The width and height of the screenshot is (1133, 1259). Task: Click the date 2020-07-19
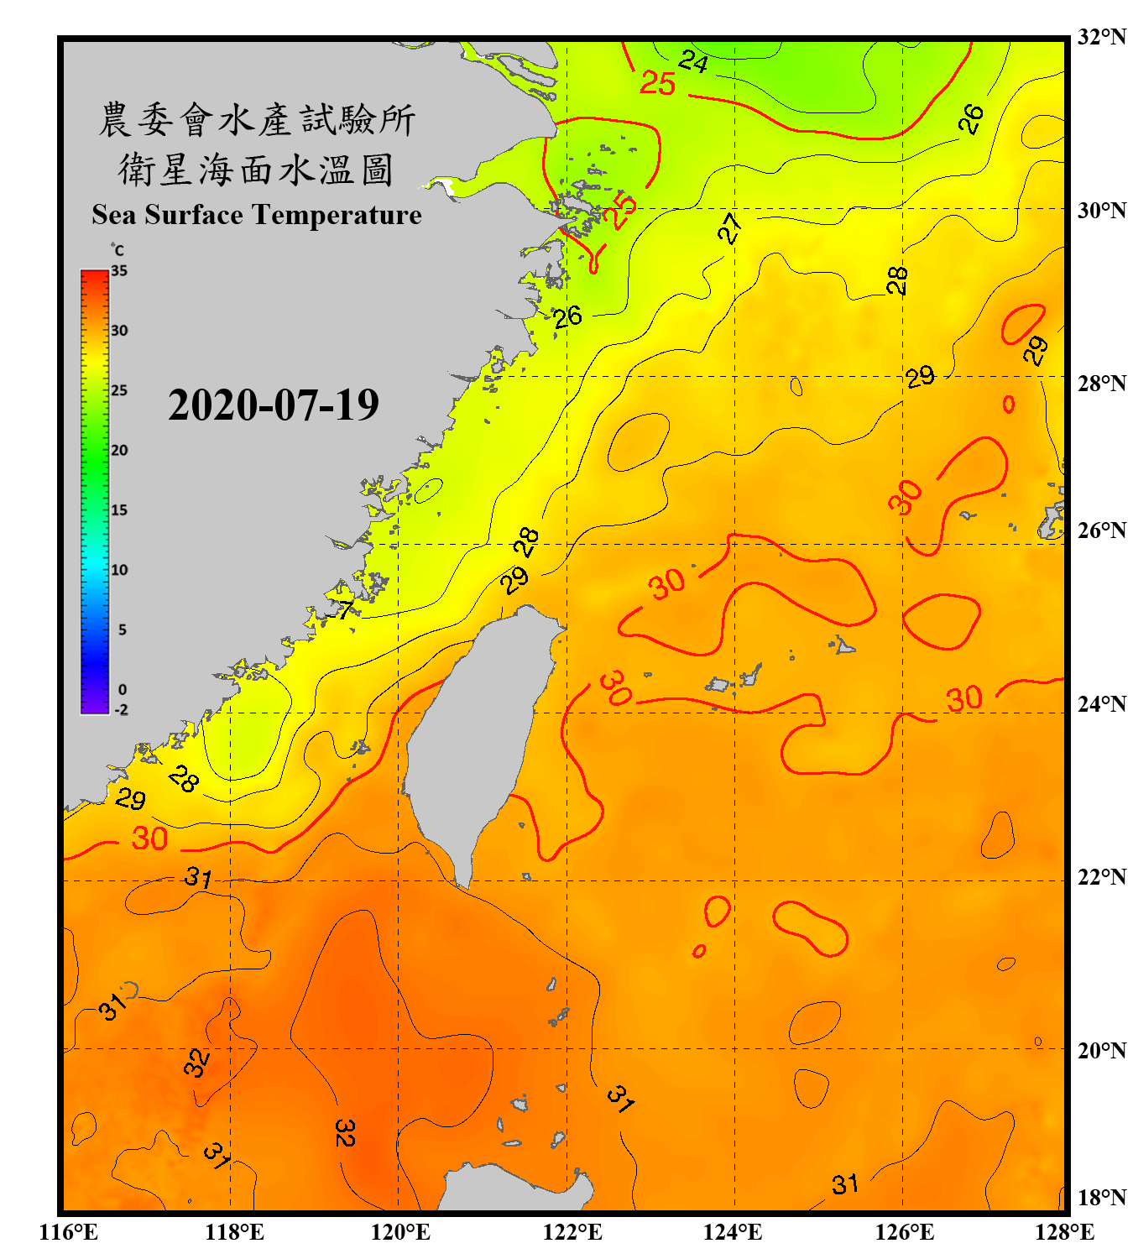pyautogui.click(x=273, y=405)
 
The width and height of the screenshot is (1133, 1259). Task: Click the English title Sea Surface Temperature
pyautogui.click(x=256, y=215)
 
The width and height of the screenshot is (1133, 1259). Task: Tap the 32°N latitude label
pyautogui.click(x=1101, y=37)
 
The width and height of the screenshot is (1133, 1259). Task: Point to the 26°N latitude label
pyautogui.click(x=1101, y=530)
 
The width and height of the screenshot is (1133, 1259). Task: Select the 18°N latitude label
pyautogui.click(x=1101, y=1198)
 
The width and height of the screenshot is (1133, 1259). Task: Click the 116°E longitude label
pyautogui.click(x=69, y=1232)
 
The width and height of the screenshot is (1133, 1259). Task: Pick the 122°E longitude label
pyautogui.click(x=572, y=1232)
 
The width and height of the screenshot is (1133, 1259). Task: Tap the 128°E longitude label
pyautogui.click(x=1064, y=1232)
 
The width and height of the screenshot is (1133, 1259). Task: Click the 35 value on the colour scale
pyautogui.click(x=119, y=271)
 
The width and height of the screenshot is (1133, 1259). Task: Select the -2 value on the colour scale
pyautogui.click(x=121, y=710)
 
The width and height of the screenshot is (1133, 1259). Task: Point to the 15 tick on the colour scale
pyautogui.click(x=119, y=510)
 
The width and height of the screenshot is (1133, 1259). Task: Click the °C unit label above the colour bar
pyautogui.click(x=117, y=250)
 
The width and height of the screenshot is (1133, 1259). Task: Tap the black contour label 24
pyautogui.click(x=693, y=61)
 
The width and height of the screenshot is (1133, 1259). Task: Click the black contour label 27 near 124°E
pyautogui.click(x=729, y=227)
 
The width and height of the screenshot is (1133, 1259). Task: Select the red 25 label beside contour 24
pyautogui.click(x=657, y=83)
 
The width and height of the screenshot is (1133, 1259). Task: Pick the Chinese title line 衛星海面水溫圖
pyautogui.click(x=256, y=170)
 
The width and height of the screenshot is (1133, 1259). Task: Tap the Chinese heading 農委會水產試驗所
pyautogui.click(x=256, y=119)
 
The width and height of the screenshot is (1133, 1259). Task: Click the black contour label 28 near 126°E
pyautogui.click(x=897, y=280)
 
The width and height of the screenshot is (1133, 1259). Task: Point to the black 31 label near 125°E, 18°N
pyautogui.click(x=845, y=1184)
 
